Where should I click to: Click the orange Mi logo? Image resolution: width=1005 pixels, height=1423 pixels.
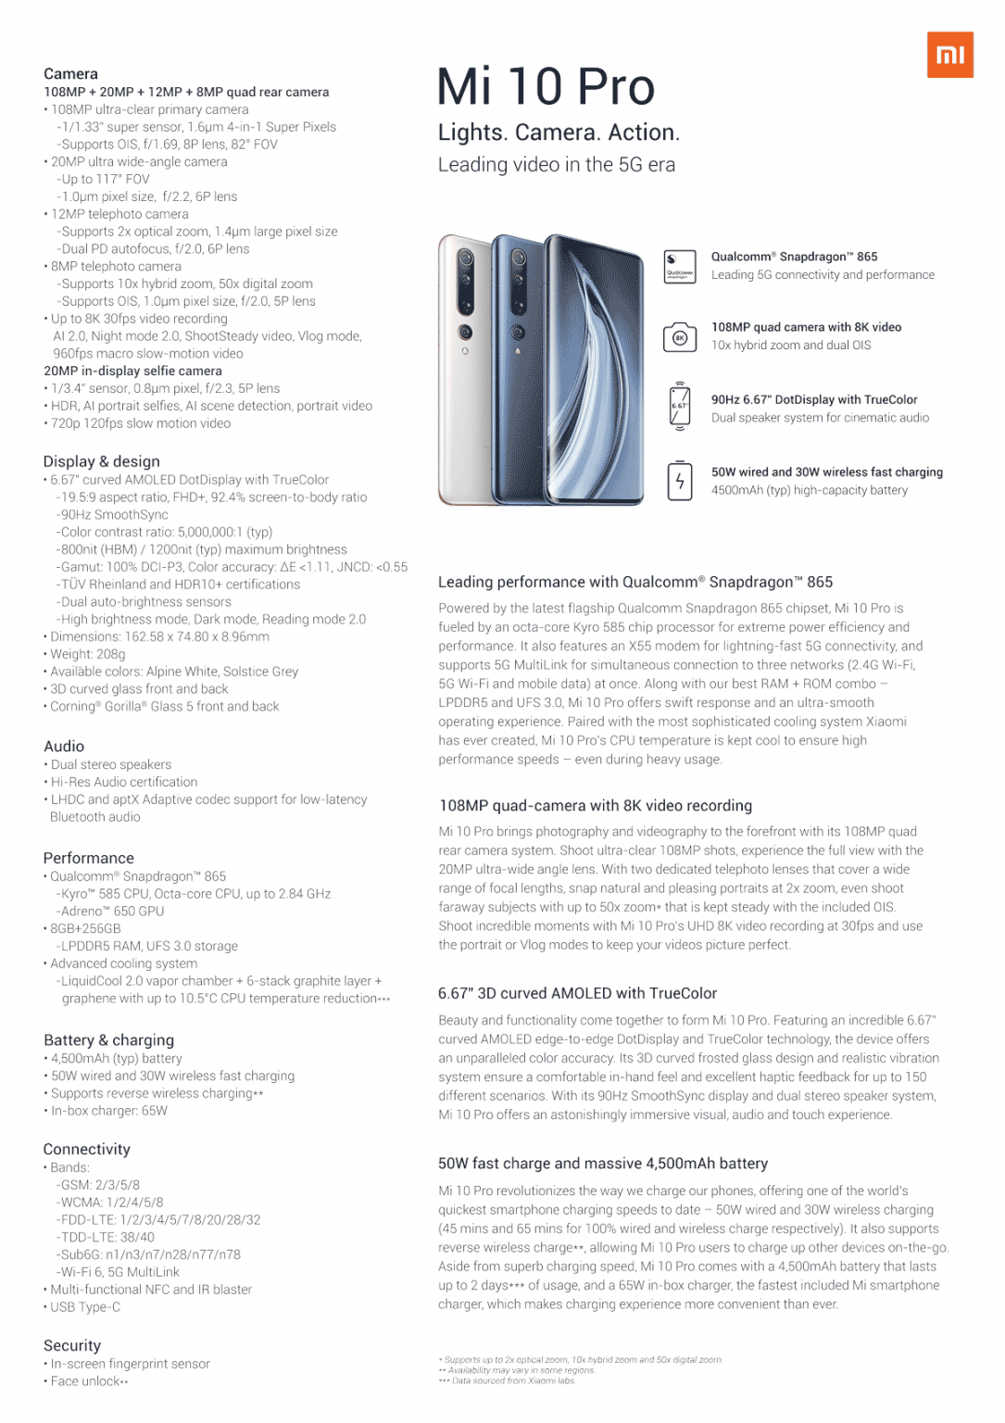(949, 55)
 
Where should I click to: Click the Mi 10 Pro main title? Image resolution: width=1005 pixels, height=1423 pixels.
(546, 87)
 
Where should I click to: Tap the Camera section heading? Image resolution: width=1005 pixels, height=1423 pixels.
(70, 74)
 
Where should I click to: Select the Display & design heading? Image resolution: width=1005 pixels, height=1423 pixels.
(101, 461)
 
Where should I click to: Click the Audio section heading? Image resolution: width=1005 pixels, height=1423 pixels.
(64, 746)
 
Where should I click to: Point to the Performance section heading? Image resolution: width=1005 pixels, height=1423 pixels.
(88, 858)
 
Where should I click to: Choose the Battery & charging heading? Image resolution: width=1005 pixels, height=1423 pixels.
(108, 1039)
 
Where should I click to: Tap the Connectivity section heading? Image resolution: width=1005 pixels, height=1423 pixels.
(86, 1149)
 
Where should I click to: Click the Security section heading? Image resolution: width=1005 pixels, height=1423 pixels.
(71, 1345)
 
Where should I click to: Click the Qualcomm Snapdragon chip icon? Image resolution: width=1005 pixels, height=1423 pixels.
(680, 266)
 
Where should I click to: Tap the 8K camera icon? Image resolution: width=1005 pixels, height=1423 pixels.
(680, 337)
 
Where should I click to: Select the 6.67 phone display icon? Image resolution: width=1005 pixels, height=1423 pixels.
(680, 407)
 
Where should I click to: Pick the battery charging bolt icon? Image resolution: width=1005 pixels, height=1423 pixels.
(680, 481)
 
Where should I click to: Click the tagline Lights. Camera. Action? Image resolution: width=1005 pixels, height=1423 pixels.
(559, 132)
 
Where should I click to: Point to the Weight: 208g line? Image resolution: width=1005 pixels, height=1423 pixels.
(88, 654)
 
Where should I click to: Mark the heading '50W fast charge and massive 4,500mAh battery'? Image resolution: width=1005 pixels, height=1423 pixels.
(602, 1163)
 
